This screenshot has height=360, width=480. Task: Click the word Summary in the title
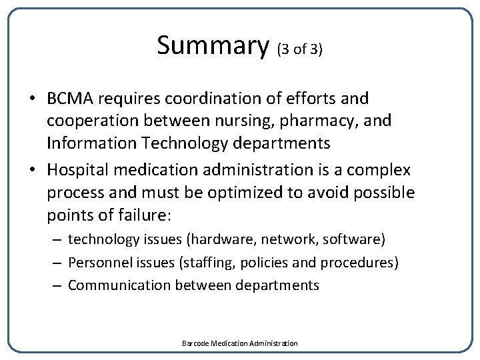211,46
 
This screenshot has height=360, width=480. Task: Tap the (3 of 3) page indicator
299,50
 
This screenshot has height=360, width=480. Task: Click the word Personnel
97,262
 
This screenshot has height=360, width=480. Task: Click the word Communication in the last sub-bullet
119,285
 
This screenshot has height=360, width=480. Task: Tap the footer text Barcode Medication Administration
240,343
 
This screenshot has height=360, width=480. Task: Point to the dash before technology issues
57,239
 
